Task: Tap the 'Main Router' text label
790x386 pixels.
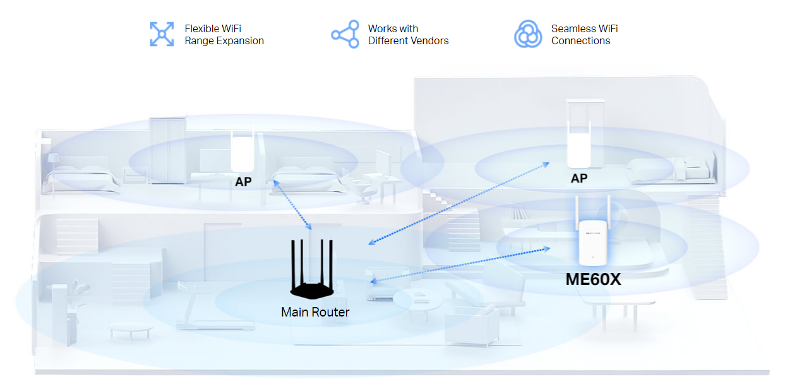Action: point(315,312)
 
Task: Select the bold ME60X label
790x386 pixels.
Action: point(593,279)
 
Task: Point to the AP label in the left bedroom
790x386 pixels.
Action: point(243,182)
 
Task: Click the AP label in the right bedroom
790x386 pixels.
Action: point(579,179)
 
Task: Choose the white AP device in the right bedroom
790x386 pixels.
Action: point(579,144)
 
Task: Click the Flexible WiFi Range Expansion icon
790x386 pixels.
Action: point(162,34)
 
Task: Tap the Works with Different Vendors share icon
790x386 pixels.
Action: point(345,34)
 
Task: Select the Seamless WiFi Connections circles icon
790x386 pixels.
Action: point(528,34)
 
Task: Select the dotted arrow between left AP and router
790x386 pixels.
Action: point(292,205)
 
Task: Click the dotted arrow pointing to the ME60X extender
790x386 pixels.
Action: point(460,265)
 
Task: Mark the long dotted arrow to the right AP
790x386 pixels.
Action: point(458,203)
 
